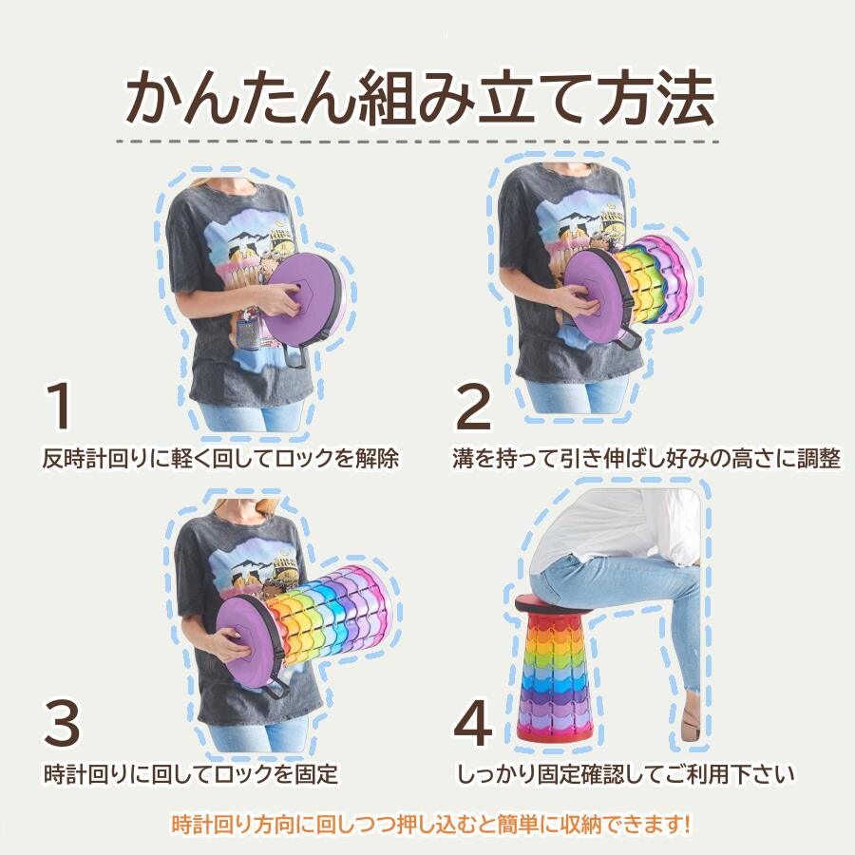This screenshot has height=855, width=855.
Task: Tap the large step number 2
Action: tap(473, 406)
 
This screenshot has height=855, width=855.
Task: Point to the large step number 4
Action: tap(472, 724)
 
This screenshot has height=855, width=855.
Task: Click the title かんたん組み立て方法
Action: tap(419, 95)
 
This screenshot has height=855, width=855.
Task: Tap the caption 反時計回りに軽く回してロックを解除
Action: tap(220, 459)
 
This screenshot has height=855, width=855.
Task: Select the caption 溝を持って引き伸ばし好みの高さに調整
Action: tap(646, 459)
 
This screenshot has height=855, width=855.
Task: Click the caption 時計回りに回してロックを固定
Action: tap(191, 773)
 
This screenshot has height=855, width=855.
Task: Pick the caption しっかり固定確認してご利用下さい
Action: tap(625, 774)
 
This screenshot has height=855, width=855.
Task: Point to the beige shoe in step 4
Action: tap(691, 731)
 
